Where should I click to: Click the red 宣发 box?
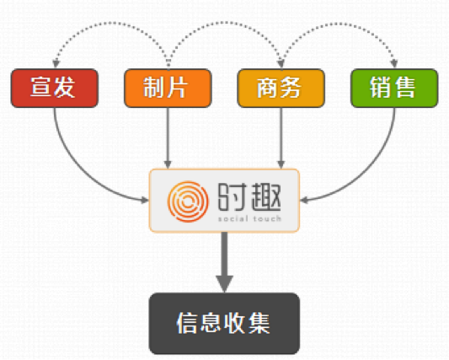[55, 88]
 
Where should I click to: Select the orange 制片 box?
[168, 88]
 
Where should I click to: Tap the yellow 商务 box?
[281, 88]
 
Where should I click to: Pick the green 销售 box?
[394, 88]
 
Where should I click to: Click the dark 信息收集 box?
[224, 324]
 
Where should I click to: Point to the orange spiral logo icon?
[188, 201]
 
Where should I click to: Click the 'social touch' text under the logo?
[249, 219]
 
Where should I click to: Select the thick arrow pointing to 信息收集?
[224, 262]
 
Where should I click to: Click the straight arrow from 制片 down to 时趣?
[168, 138]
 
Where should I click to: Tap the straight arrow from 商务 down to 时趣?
[281, 138]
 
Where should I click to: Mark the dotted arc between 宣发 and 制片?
[112, 23]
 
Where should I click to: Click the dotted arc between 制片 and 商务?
[225, 23]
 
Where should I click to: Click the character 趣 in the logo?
[266, 197]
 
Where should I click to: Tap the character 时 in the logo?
[233, 197]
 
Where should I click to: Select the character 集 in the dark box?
[259, 323]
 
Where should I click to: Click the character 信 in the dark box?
[188, 323]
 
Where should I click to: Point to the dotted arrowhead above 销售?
[394, 63]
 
